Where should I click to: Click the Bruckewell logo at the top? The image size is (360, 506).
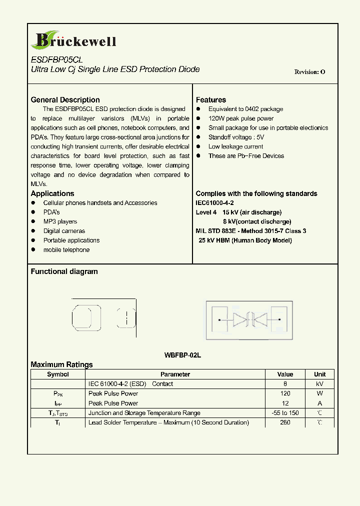coord(73,40)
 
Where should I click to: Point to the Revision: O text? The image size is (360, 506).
coord(309,72)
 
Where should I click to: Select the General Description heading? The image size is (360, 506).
coord(65,100)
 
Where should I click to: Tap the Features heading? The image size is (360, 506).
coord(210,100)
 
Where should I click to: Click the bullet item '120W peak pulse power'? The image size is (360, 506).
coord(241,118)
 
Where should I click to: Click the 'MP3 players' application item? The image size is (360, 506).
coord(60,221)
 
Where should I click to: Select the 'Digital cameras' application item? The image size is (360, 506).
coord(64,231)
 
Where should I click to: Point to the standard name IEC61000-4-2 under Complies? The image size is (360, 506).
coord(214,203)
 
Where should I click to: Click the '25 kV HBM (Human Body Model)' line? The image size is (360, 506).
coord(245,240)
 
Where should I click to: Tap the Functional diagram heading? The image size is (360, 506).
coord(64,271)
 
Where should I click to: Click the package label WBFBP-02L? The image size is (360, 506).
coord(182,355)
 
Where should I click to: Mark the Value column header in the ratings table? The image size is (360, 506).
coord(285,374)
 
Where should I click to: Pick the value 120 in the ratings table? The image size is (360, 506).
coord(285,393)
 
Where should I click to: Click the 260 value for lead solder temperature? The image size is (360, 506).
coord(285,422)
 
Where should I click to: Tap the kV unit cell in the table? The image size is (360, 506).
coord(319,384)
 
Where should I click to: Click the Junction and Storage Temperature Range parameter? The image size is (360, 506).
coord(144,413)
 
